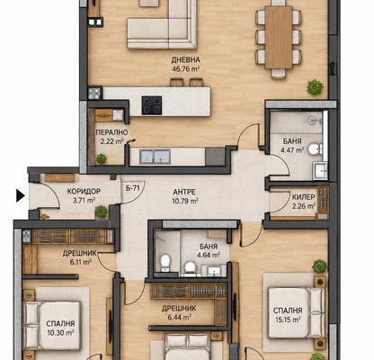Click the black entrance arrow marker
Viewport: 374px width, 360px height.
20,196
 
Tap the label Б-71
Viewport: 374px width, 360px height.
133,188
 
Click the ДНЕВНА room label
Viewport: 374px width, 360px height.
186,60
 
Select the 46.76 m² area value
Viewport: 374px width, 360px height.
186,68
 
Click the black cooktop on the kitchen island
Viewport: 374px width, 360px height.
152,105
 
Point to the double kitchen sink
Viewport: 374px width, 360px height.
155,157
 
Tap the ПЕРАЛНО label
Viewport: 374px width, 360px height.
111,132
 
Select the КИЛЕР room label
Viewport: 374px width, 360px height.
304,197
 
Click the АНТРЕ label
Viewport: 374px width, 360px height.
184,192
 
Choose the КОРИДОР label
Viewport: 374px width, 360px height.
84,191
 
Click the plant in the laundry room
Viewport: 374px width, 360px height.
102,158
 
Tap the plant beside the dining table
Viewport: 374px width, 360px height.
315,87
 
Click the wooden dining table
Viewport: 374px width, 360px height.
279,37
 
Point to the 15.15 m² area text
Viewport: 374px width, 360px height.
288,319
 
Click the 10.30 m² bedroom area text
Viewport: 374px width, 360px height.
60,332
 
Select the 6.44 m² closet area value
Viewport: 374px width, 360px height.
179,317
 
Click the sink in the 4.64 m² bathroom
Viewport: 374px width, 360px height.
215,271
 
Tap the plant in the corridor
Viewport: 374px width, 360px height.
102,212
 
